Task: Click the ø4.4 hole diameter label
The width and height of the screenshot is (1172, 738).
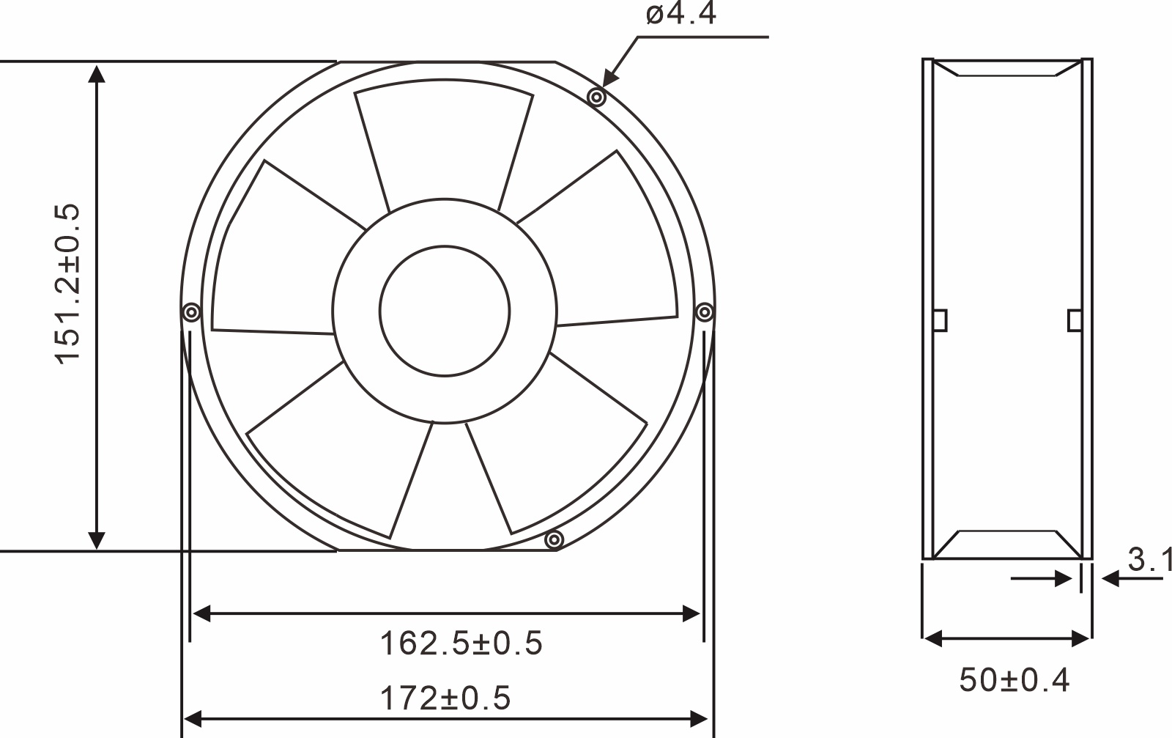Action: (680, 15)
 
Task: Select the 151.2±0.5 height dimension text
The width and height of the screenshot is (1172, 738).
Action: (67, 284)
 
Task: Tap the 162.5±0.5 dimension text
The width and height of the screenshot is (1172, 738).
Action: (461, 643)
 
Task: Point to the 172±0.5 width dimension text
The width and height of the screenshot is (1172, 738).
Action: (445, 698)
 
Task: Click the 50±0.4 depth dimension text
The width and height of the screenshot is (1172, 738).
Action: (1015, 680)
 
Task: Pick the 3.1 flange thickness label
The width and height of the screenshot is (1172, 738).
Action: (1150, 561)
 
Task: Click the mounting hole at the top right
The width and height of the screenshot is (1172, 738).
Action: (598, 97)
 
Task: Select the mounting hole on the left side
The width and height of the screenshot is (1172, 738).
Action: (191, 313)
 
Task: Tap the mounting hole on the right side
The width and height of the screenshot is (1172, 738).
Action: (704, 313)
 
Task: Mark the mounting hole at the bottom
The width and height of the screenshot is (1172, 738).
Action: (555, 541)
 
